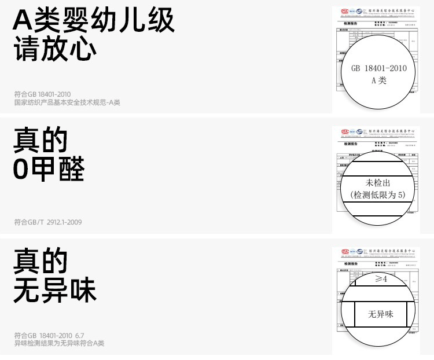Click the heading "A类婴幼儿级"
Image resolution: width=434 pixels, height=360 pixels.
click(x=94, y=21)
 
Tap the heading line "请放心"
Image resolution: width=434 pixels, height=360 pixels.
click(x=55, y=50)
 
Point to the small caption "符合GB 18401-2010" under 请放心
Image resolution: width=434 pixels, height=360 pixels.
click(x=42, y=94)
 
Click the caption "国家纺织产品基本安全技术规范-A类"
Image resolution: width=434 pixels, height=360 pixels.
click(x=67, y=102)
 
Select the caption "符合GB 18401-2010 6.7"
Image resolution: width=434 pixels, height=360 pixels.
click(x=49, y=335)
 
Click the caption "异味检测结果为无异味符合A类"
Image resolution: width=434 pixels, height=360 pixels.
click(x=59, y=343)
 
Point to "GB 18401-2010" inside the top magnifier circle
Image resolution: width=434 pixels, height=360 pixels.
click(x=379, y=68)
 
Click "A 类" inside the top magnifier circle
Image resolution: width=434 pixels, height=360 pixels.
click(x=379, y=80)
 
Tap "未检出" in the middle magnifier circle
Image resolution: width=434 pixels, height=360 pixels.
click(x=378, y=183)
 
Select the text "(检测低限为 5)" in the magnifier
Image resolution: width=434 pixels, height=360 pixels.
click(x=378, y=194)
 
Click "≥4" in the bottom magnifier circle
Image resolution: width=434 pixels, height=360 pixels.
click(x=381, y=279)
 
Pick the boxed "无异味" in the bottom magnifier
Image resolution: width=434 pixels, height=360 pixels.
click(x=380, y=314)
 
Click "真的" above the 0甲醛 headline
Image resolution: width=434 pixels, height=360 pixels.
click(x=41, y=141)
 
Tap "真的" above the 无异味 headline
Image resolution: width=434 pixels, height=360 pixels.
click(x=41, y=261)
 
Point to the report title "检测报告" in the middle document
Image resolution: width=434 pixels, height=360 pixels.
click(x=351, y=143)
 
